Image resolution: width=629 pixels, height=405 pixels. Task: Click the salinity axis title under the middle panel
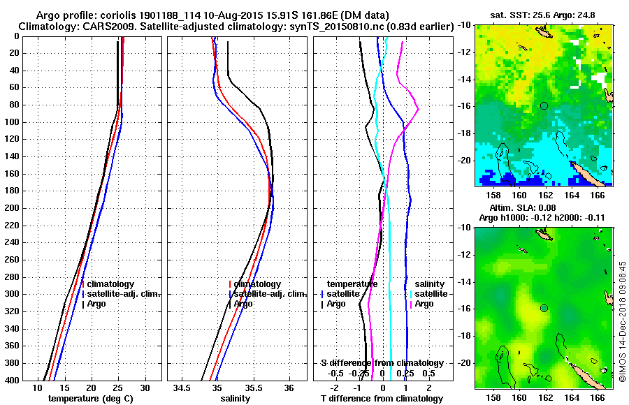[235, 399]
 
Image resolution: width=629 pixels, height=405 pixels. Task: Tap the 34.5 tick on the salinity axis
[183, 388]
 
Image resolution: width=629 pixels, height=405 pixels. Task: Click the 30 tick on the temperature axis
[145, 388]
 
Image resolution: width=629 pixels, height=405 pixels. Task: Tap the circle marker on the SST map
[544, 105]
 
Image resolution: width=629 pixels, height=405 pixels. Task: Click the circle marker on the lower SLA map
[544, 308]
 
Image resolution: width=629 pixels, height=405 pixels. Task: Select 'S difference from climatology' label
[382, 363]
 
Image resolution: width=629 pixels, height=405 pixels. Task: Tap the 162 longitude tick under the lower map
[545, 397]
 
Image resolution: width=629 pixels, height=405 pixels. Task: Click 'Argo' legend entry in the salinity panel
[243, 304]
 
